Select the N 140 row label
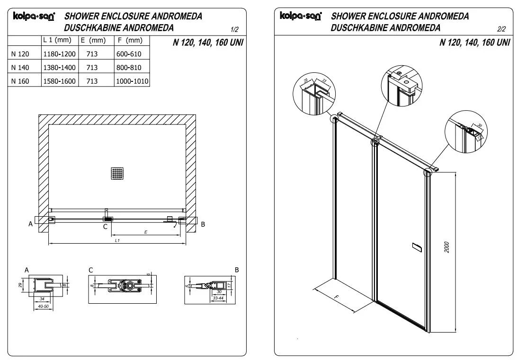(20, 68)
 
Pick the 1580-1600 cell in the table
(59, 81)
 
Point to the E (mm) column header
(93, 41)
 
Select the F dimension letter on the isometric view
(336, 299)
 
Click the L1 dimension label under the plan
(117, 241)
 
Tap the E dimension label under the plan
(145, 232)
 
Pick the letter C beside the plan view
(105, 227)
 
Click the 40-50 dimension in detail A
(43, 307)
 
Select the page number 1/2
(234, 29)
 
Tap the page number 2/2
(502, 29)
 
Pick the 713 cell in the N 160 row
(92, 81)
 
